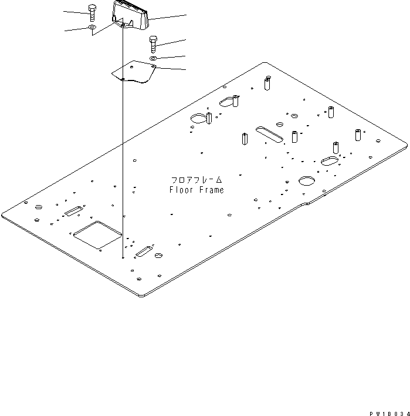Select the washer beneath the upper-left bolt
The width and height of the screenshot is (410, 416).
point(92,27)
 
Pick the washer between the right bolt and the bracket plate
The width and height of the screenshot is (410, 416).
point(153,58)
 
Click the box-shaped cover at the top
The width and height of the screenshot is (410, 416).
point(130,16)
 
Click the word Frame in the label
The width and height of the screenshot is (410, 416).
point(212,190)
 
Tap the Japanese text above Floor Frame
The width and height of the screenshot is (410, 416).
point(196,179)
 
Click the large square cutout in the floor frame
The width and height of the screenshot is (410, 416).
point(97,234)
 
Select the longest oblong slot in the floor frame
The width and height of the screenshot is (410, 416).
point(269,133)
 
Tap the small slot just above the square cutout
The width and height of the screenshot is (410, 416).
point(74,211)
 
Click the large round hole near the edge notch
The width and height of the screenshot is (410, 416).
point(307,180)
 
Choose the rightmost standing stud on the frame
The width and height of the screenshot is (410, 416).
point(357,134)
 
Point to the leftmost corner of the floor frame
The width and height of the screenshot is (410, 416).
point(2,213)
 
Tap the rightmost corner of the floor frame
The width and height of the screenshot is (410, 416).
point(406,141)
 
